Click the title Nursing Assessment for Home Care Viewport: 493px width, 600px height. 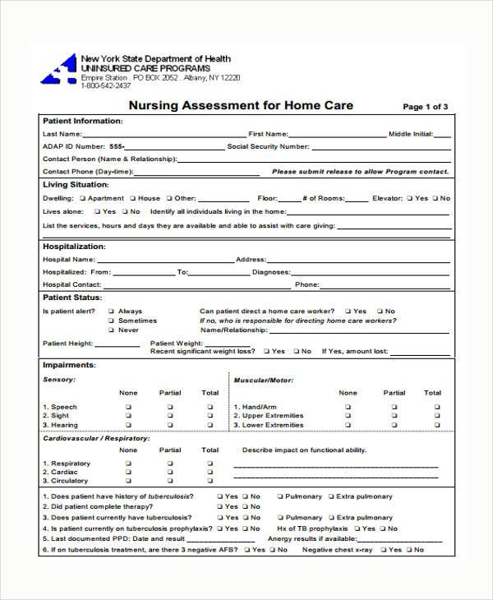coord(241,105)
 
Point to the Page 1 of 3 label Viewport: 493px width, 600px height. coord(425,107)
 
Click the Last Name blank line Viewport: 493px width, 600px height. coord(164,133)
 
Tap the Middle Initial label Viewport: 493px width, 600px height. coord(410,133)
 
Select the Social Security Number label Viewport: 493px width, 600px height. coord(268,146)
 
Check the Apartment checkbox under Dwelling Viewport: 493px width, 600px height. coord(83,198)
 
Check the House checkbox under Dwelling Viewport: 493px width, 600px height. coord(133,198)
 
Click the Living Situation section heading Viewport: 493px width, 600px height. coord(76,185)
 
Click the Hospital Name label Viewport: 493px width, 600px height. coord(68,259)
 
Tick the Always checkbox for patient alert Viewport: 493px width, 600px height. coord(111,312)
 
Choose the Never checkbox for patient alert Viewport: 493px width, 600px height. coord(111,330)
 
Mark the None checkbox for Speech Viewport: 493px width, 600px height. coord(128,407)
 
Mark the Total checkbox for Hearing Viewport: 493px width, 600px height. coord(210,425)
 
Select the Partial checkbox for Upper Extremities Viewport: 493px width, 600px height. coord(394,416)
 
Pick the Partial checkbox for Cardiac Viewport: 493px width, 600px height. coord(170,473)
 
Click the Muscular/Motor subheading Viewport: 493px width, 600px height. coord(263,381)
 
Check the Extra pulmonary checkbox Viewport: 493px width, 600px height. coord(330,496)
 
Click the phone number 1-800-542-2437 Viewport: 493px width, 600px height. coord(106,85)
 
